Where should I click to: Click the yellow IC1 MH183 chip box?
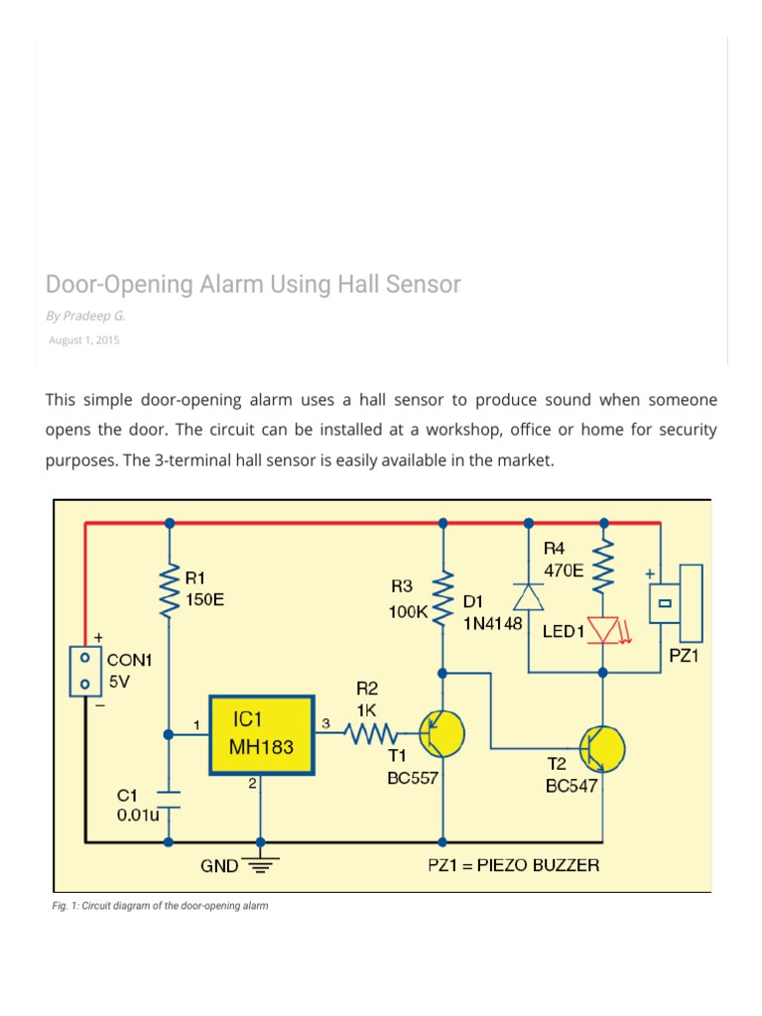(261, 735)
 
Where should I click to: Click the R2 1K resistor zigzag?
(370, 735)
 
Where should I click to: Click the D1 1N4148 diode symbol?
(524, 594)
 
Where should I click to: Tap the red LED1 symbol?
(603, 629)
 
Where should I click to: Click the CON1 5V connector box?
(85, 670)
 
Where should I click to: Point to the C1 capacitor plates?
(170, 800)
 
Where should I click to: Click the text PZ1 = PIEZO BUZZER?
(513, 865)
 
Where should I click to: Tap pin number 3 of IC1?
(325, 724)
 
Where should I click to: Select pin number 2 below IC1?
(253, 784)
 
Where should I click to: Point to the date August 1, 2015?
(84, 340)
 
